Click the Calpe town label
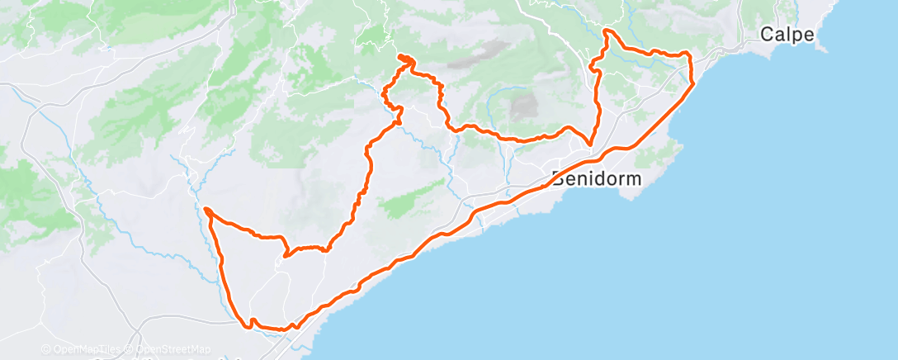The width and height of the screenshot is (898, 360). tap(787, 35)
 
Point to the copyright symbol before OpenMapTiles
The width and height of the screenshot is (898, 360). tap(46, 349)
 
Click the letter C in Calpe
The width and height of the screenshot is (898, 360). tap(767, 35)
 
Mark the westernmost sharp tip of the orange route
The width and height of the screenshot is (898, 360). tap(204, 210)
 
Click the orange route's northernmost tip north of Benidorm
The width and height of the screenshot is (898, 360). tap(607, 31)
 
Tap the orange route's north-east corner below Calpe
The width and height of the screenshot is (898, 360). tap(688, 54)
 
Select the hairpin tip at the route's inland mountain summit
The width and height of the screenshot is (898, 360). tap(399, 56)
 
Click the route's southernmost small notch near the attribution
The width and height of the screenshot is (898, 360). tap(253, 320)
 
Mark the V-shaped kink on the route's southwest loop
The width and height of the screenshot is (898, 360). tap(285, 255)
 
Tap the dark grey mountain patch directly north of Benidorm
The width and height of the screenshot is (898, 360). tap(523, 106)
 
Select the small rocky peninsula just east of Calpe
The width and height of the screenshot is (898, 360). tap(820, 46)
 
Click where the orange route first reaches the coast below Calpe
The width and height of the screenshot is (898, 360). tap(692, 83)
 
